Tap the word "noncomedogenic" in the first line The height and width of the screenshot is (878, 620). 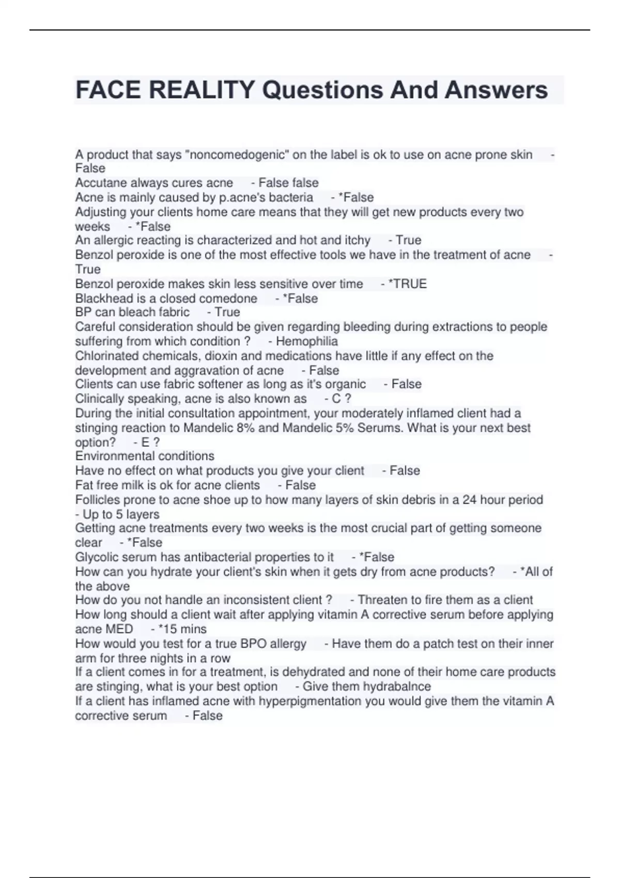237,154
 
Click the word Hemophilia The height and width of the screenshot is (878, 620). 307,341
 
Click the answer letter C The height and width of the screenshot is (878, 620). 336,399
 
